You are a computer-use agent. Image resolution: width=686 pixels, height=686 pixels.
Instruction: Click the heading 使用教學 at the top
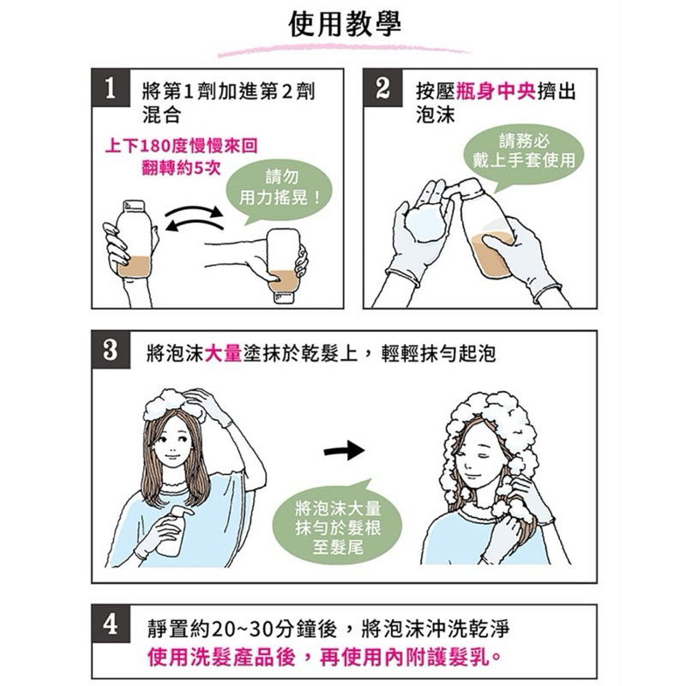coord(345,25)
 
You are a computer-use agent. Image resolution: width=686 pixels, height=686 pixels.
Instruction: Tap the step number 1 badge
coord(111,87)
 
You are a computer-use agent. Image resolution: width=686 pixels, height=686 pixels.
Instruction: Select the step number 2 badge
coord(382,87)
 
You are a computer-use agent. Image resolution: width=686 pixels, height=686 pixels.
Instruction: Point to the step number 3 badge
coord(111,350)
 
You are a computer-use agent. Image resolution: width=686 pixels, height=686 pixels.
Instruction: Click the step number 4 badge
coord(111,624)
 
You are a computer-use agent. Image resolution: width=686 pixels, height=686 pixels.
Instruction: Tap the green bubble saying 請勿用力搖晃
coord(279,190)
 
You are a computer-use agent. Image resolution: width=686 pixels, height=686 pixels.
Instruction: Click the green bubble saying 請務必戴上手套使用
coord(524,154)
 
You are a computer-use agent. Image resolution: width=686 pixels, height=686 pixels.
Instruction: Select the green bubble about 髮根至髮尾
coord(337,525)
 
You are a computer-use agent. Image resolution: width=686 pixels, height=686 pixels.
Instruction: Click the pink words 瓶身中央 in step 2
coord(496,92)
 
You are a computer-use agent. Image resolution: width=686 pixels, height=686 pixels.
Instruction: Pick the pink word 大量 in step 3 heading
coord(223,353)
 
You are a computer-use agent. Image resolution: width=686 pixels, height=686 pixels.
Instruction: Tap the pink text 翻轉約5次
coord(181,167)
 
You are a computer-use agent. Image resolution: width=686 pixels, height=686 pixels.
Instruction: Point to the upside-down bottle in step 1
coord(285,265)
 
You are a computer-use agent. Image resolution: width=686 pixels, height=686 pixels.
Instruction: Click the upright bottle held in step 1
coord(134,238)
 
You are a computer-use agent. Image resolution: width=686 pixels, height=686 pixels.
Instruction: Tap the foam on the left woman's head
coord(173,403)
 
